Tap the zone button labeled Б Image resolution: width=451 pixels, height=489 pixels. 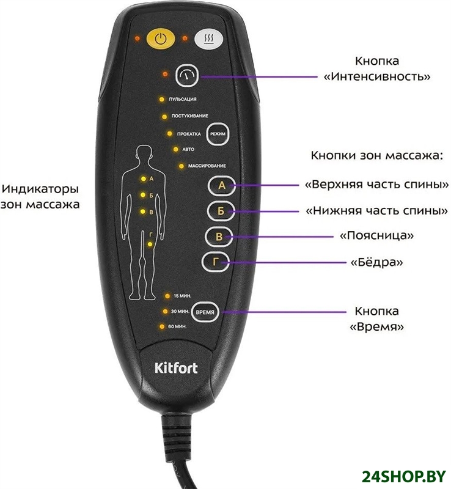coord(221,211)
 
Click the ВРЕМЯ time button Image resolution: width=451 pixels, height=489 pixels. coord(205,312)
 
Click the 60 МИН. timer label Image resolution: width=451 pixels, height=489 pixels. coord(177,327)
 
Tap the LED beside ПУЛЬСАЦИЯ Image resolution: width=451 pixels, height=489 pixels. coord(161,98)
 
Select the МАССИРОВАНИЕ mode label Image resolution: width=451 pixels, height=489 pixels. coord(207,166)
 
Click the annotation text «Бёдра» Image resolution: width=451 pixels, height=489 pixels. coord(376,262)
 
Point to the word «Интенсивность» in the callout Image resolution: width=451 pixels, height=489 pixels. coord(377,78)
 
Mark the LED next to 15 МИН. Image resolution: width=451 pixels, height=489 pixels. coord(166,296)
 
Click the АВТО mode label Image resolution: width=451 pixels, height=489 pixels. coord(188,149)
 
